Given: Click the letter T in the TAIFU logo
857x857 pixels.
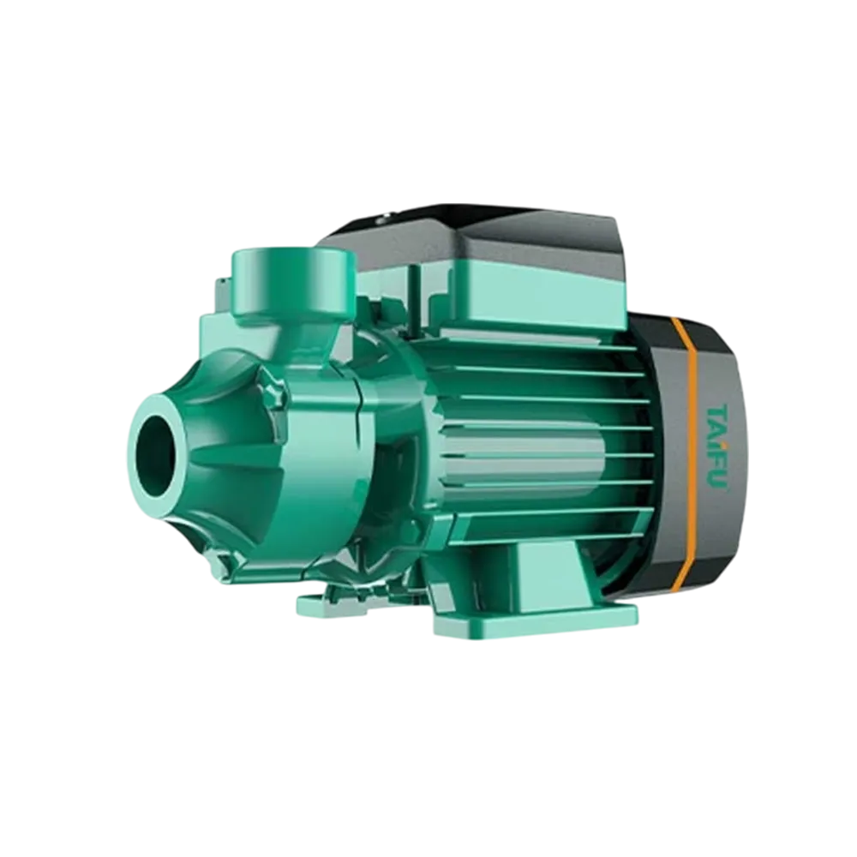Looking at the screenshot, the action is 716,411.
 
